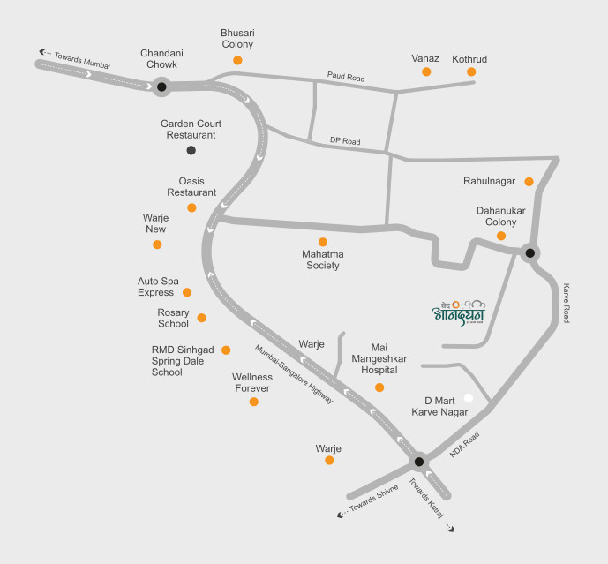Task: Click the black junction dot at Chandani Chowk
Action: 161,86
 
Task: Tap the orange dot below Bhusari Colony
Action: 237,60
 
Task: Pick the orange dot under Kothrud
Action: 471,71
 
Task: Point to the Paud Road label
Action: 345,78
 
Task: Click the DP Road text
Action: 346,141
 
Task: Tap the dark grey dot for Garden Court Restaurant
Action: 191,150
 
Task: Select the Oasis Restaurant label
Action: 191,186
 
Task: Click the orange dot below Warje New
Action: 157,244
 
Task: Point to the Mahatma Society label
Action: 321,259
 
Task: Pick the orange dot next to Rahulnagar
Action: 529,182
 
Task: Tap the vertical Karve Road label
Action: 566,303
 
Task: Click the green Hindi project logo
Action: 458,309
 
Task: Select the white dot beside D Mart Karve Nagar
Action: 469,398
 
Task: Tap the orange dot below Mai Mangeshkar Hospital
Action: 379,387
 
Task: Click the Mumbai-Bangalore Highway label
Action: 294,374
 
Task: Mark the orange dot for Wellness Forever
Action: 254,402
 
